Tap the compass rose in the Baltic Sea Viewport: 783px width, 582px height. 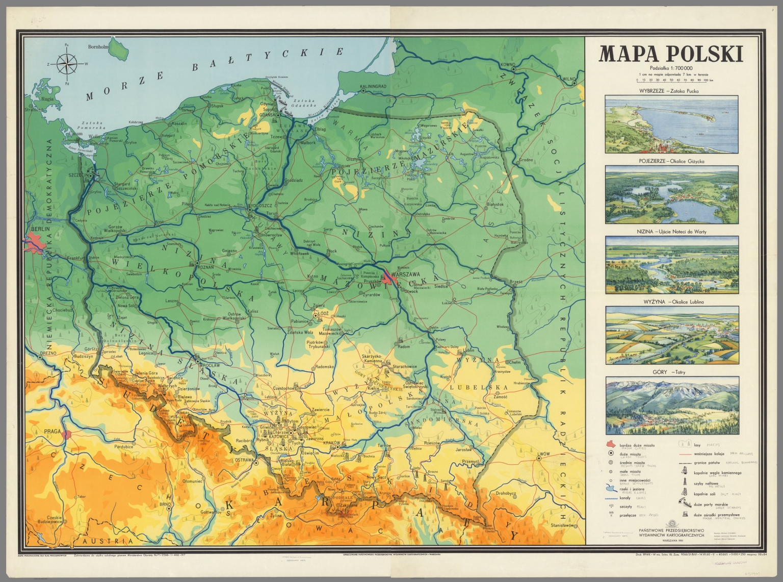[x=66, y=64]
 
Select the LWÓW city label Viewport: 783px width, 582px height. [x=542, y=453]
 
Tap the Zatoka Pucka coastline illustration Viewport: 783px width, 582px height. [x=671, y=124]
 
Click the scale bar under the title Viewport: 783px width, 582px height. [x=671, y=80]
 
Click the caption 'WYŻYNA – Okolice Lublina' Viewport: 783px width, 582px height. [x=671, y=302]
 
